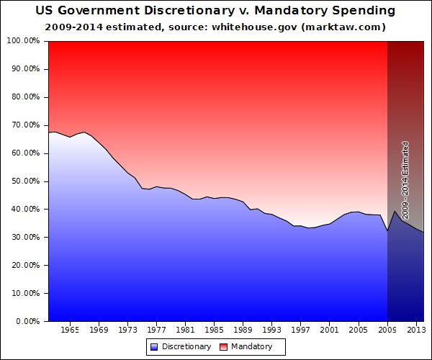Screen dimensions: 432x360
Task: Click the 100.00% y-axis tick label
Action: point(23,41)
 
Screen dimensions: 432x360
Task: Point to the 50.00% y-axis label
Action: point(26,181)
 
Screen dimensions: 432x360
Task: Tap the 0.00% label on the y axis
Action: point(28,321)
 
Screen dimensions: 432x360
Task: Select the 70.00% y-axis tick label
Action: point(26,125)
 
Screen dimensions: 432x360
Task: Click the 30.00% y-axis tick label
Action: point(26,237)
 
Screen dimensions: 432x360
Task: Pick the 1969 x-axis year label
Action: point(99,330)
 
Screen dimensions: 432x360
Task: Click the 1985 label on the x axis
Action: point(215,330)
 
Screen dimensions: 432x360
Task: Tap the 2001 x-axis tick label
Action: point(329,330)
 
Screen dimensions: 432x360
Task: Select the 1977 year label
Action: point(156,330)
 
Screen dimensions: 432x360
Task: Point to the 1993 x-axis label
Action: point(272,330)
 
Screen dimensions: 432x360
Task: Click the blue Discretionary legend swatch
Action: point(154,347)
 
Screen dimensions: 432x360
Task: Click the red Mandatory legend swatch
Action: point(223,347)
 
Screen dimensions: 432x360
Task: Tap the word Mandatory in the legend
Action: point(251,346)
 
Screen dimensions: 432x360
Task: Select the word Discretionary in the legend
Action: point(186,346)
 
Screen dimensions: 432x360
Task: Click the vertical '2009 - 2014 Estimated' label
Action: point(405,181)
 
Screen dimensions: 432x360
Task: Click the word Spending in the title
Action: point(364,11)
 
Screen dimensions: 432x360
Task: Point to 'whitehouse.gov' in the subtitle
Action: point(254,27)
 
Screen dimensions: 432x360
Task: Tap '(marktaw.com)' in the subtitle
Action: point(343,27)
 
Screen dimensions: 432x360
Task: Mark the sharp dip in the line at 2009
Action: point(387,230)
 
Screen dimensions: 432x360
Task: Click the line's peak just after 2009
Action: point(395,211)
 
